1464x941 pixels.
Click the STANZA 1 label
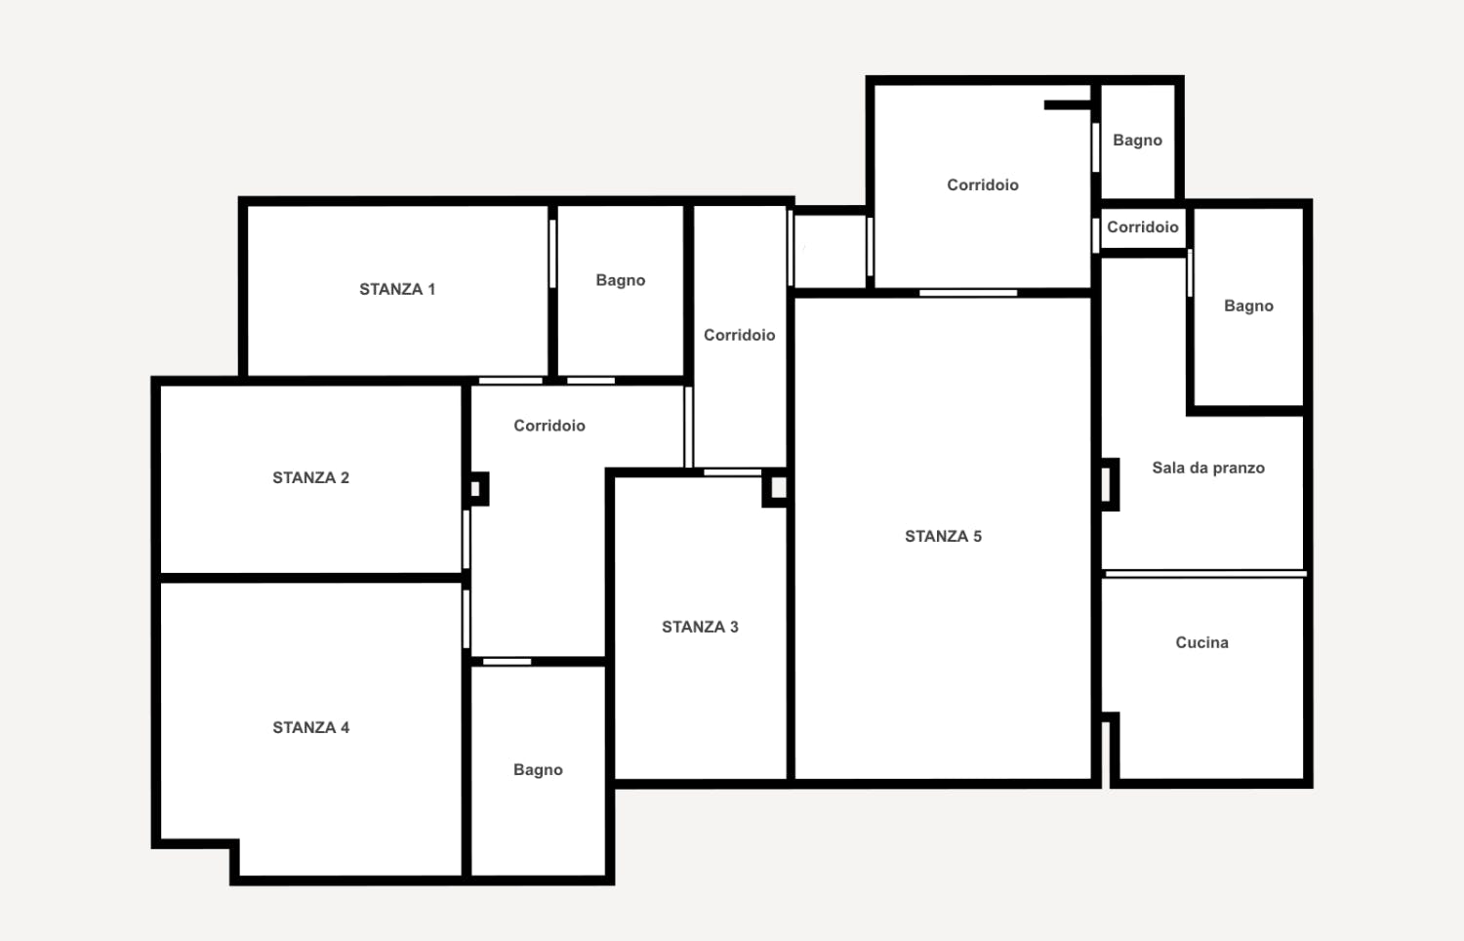397,289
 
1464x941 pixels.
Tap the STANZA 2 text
310,477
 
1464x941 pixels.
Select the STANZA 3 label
700,627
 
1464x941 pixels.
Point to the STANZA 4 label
310,727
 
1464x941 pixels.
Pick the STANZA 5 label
943,536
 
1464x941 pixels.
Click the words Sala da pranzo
1208,468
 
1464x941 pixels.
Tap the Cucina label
1201,642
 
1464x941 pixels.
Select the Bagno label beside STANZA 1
621,280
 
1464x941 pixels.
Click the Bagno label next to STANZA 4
538,769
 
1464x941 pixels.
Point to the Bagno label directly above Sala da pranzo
1248,306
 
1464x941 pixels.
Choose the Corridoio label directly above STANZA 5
983,184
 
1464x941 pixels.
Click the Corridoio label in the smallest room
1142,226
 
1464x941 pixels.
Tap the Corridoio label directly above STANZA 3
739,335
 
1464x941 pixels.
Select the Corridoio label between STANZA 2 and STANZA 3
549,426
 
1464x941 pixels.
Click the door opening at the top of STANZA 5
968,293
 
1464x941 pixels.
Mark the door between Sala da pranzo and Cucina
1204,574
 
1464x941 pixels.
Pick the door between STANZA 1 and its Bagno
552,254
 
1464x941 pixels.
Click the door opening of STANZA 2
467,539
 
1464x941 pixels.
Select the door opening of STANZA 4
467,619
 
